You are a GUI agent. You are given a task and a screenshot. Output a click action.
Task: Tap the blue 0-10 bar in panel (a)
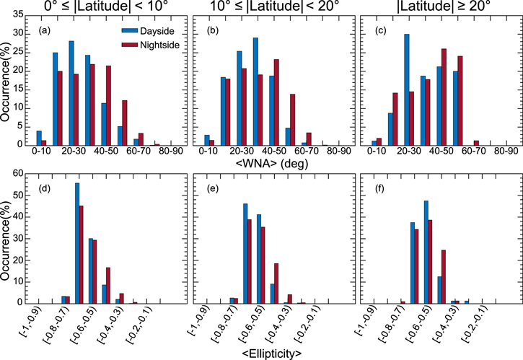pos(40,138)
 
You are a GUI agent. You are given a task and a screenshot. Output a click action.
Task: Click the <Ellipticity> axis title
pos(261,353)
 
